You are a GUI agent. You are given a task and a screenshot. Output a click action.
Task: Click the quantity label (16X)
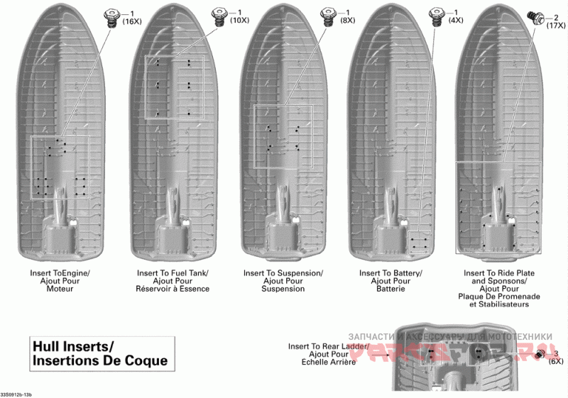coord(132,21)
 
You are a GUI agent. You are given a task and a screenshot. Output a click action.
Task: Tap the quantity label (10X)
coord(239,21)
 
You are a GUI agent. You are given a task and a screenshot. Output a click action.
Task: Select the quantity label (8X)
coord(347,21)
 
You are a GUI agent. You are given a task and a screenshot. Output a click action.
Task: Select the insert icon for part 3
coord(540,353)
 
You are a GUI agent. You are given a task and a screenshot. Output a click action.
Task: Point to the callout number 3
coord(556,353)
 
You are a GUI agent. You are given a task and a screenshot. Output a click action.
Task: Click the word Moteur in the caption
coord(60,289)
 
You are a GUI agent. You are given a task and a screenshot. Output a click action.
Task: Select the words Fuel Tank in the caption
coord(190,273)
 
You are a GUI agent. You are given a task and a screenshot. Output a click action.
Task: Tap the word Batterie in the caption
coord(390,289)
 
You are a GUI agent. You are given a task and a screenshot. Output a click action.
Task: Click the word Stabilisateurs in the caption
coord(499,304)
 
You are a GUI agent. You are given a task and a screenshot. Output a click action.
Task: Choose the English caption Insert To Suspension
coord(283,273)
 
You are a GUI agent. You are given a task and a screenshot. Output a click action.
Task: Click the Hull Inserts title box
coord(100,353)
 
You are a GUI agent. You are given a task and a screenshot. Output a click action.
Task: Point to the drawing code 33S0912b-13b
coord(16,394)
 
